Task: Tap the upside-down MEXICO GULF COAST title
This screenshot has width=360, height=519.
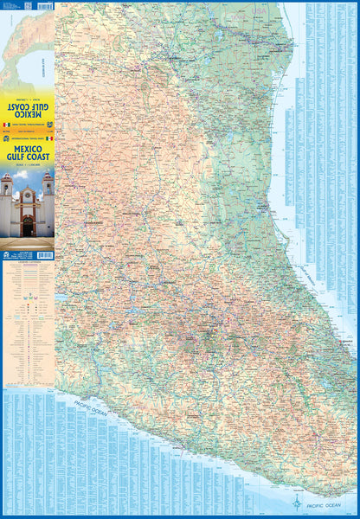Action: coord(28,108)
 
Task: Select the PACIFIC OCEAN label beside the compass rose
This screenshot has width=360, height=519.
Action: coord(329,502)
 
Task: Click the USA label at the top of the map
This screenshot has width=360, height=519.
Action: coord(173,6)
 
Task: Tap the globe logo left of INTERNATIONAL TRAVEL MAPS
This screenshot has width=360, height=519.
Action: coord(6,138)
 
